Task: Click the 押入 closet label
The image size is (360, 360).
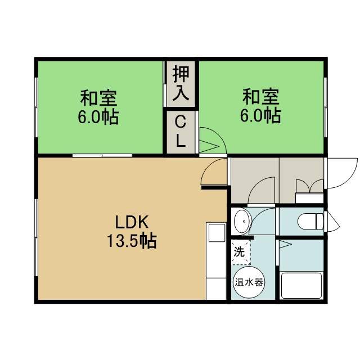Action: (181, 83)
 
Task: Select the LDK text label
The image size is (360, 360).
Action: (132, 222)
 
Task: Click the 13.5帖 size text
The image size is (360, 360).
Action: (132, 241)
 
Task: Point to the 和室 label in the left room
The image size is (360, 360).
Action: (98, 98)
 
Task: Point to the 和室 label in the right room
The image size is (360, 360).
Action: (261, 97)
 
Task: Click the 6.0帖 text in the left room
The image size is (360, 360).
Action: (98, 117)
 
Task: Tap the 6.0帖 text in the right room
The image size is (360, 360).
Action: (260, 116)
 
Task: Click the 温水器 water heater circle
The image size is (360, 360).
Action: (249, 282)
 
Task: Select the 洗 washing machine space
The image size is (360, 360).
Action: (240, 252)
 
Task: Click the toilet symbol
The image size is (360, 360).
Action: (310, 221)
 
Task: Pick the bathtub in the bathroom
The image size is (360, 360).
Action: (301, 286)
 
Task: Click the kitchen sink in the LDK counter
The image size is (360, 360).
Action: (217, 232)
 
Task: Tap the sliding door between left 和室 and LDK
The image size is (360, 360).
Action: (102, 156)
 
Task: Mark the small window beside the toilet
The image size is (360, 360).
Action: (332, 222)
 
